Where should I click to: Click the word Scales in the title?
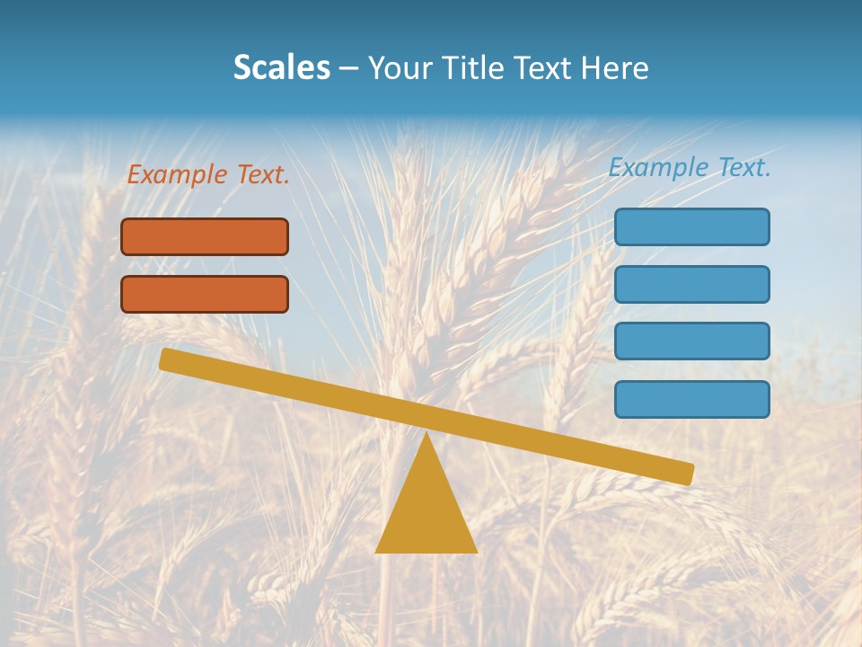[281, 67]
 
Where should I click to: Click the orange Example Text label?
[208, 174]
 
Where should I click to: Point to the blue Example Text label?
[690, 167]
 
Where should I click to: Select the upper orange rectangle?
[205, 236]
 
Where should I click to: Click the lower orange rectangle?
[205, 294]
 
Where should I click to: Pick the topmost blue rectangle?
[691, 226]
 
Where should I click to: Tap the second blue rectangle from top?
[691, 284]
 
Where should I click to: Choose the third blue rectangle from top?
[691, 341]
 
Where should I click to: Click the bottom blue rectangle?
[691, 399]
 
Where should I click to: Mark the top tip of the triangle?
[427, 434]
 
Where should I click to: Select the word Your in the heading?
[400, 67]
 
